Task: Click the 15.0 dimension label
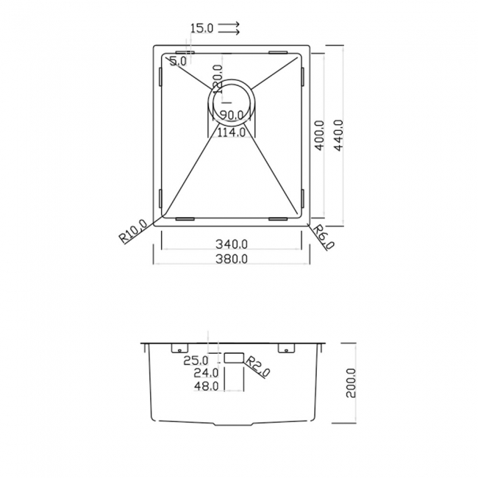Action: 201,29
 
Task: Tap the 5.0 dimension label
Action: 178,61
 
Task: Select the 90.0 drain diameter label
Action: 232,115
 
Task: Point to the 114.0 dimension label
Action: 232,133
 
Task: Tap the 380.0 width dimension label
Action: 232,259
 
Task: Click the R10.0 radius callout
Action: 133,232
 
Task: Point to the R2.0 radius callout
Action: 259,366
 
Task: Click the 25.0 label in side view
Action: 196,360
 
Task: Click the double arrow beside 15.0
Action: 229,29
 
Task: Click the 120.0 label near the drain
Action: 217,78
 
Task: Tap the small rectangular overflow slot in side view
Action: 233,357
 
